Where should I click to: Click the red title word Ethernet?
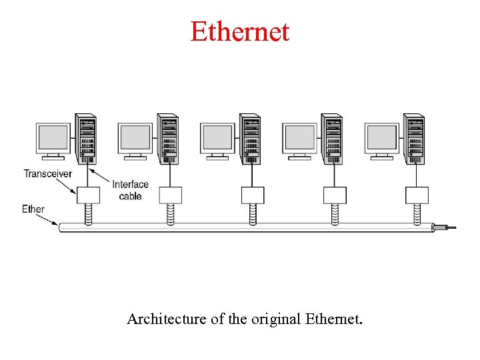(240, 31)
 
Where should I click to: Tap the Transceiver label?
(48, 173)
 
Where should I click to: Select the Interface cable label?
(131, 190)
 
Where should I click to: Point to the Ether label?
(33, 209)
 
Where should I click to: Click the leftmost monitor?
(54, 139)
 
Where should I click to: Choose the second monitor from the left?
(135, 139)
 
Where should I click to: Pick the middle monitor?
(217, 139)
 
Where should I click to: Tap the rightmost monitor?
(382, 139)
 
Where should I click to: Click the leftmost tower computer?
(85, 139)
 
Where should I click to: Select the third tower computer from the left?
(250, 139)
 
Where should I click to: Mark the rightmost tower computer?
(414, 139)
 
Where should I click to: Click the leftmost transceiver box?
(88, 195)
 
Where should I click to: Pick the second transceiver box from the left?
(171, 195)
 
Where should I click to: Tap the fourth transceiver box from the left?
(335, 195)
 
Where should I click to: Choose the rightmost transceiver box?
(417, 195)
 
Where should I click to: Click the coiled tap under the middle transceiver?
(253, 213)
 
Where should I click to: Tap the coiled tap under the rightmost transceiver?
(417, 213)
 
